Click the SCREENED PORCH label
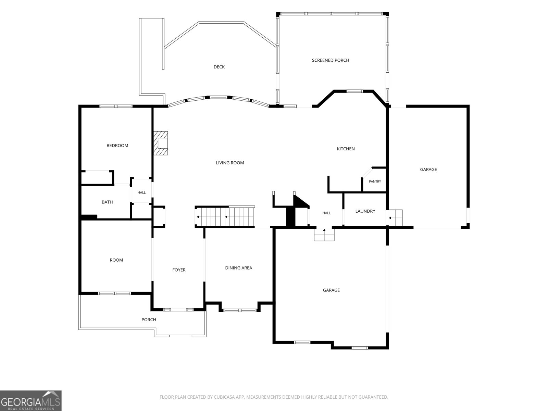pos(330,60)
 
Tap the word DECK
pos(219,67)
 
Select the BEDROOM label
pos(117,146)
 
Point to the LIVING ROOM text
pos(230,163)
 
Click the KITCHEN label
pos(346,149)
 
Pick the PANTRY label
pos(375,182)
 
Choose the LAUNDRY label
pos(365,211)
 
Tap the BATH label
pos(107,202)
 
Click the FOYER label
pos(179,270)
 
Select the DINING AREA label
pos(238,268)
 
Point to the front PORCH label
pos(149,320)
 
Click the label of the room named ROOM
pos(116,260)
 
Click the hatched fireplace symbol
pos(160,143)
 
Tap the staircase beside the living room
pos(225,216)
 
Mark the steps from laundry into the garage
pos(396,217)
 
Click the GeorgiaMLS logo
pos(31,401)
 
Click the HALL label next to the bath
pos(141,192)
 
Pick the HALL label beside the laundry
pos(326,213)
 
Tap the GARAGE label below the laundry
pos(331,290)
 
